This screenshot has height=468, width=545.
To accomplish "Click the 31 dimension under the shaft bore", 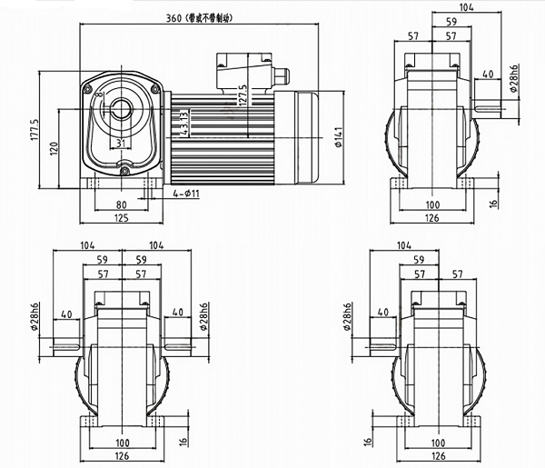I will click(121, 144).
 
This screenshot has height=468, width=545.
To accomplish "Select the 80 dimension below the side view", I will click(121, 205).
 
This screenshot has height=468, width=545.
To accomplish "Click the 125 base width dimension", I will click(121, 219).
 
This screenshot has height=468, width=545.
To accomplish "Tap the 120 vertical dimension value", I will click(54, 148).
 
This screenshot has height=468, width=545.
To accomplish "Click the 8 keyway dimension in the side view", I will click(99, 94).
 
